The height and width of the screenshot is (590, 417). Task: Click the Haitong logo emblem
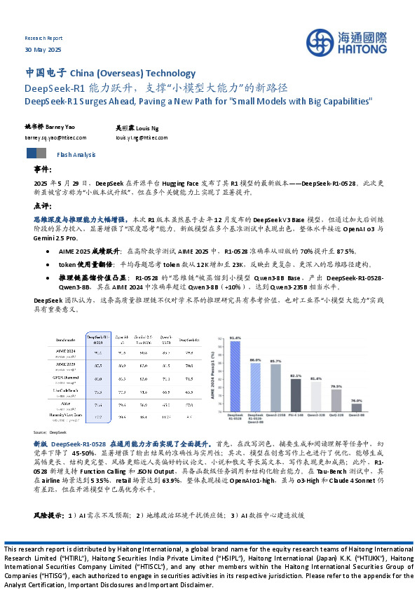pyautogui.click(x=324, y=42)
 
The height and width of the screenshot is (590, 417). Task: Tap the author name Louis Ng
pyautogui.click(x=149, y=129)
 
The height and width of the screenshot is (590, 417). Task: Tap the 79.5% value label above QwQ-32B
pyautogui.click(x=336, y=386)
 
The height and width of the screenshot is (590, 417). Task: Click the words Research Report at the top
pyautogui.click(x=43, y=38)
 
